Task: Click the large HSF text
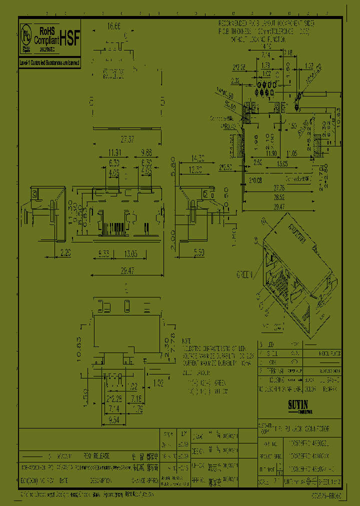(70, 40)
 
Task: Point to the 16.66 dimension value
(115, 26)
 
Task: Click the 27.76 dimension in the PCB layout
(279, 187)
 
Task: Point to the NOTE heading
(186, 339)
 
